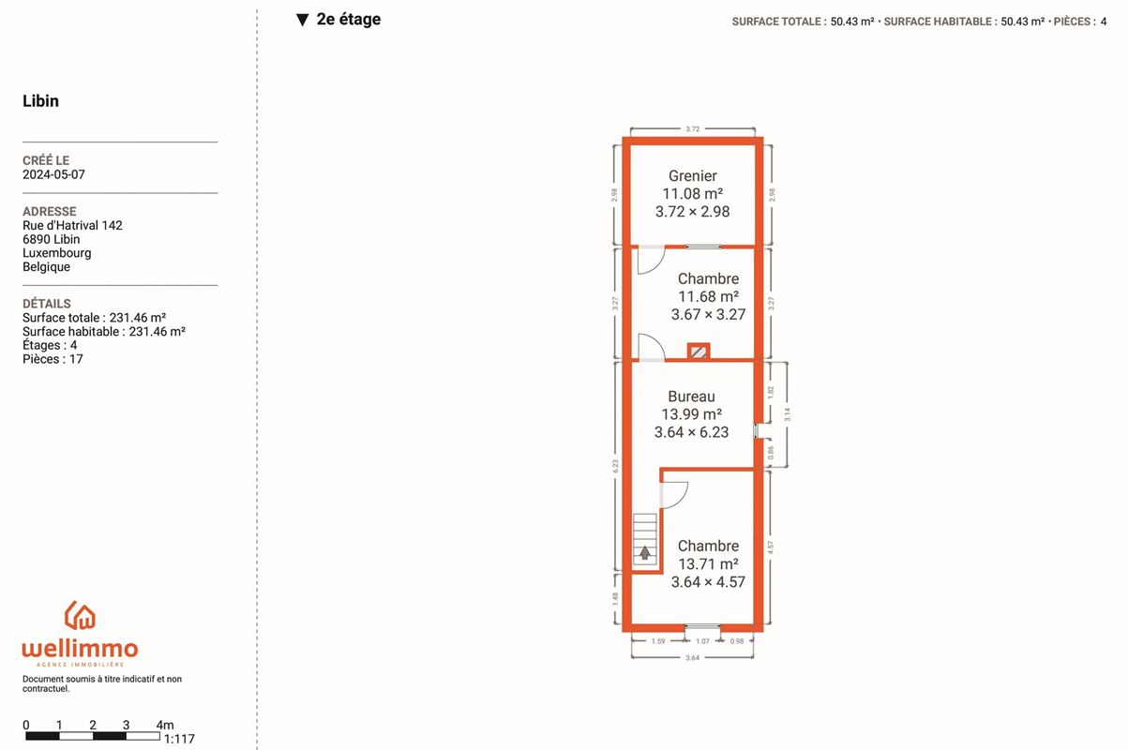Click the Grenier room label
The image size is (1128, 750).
692,175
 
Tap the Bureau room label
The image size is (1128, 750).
691,397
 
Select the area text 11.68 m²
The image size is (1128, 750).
709,296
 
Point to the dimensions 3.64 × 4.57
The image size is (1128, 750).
708,582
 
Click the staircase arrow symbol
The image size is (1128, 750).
644,553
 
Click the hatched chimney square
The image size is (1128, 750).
699,352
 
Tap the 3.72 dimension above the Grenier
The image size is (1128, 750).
692,128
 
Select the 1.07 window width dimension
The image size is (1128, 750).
702,641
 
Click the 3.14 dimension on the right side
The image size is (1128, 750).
787,414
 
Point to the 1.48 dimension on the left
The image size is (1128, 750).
615,599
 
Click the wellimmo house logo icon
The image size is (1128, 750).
80,615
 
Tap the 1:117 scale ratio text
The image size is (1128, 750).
179,739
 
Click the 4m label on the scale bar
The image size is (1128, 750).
165,725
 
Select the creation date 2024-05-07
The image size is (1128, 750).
53,174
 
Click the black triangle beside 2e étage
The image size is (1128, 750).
302,20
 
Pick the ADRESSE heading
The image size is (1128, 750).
50,212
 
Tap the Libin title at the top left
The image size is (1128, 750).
41,100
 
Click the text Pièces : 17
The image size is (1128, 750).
53,359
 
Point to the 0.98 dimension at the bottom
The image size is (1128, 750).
737,641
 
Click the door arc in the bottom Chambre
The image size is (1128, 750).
681,500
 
